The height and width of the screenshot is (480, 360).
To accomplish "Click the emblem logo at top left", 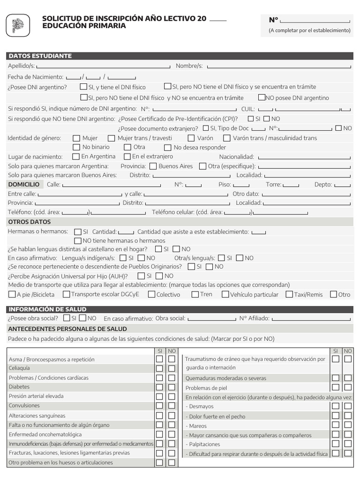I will pos(18,25).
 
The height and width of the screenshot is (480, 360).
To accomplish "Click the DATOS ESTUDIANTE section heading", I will pos(40,56).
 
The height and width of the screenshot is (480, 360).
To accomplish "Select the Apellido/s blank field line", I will pos(103,67).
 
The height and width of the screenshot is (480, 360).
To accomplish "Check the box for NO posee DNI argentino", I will pos(262,97).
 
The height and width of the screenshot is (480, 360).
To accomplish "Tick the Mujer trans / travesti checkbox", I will pos(111,138).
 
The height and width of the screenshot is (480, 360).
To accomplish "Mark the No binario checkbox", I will pos(76,147).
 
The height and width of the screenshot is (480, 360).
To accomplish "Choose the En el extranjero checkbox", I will pos(127,156).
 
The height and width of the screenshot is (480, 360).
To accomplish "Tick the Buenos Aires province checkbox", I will pos(153,166).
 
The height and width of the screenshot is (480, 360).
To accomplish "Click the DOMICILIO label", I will pos(24,185).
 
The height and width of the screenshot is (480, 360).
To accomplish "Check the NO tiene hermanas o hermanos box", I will pos(78,240).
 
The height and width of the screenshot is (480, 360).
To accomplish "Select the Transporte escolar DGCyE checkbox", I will pos(67,294).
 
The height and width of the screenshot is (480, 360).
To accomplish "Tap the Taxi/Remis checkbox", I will pos(289,294).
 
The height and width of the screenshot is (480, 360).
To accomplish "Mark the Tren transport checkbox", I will pos(195,294).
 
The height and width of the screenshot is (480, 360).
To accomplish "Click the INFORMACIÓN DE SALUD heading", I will pos(47,309).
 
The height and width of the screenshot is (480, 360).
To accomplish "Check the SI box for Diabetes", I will pos(159,387).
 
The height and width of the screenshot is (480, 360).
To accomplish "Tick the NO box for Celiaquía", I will pos(172,368).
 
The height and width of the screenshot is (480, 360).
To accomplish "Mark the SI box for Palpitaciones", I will pos(336,444).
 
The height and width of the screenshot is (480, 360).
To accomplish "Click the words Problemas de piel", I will pos(206,388).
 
